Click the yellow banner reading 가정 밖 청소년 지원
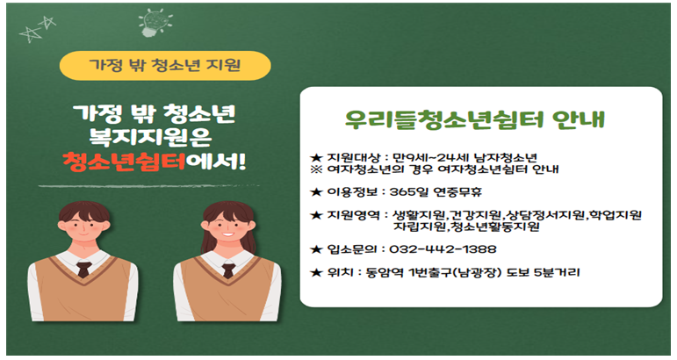pyautogui.click(x=165, y=66)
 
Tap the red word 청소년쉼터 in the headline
pyautogui.click(x=125, y=162)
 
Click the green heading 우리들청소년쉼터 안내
pyautogui.click(x=474, y=119)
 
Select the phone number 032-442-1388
pyautogui.click(x=443, y=249)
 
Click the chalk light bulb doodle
pyautogui.click(x=155, y=23)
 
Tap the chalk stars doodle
pyautogui.click(x=38, y=29)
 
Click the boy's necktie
pyautogui.click(x=83, y=270)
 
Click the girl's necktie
pyautogui.click(x=228, y=270)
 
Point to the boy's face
pyautogui.click(x=83, y=228)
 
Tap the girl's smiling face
pyautogui.click(x=228, y=229)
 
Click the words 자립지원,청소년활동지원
pyautogui.click(x=466, y=227)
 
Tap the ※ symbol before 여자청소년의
pyautogui.click(x=316, y=169)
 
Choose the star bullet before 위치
pyautogui.click(x=316, y=272)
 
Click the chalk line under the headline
pyautogui.click(x=149, y=186)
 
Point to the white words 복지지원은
pyautogui.click(x=150, y=137)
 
